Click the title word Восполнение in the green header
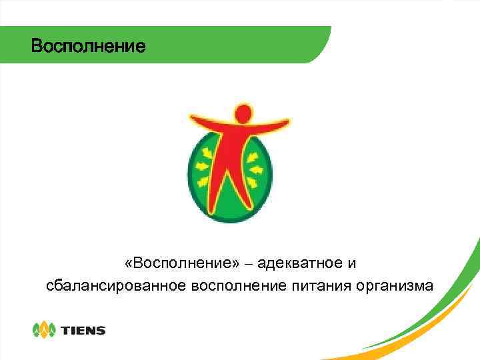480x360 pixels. click(x=87, y=47)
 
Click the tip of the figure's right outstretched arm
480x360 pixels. click(x=287, y=122)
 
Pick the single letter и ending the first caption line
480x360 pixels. click(x=352, y=263)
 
